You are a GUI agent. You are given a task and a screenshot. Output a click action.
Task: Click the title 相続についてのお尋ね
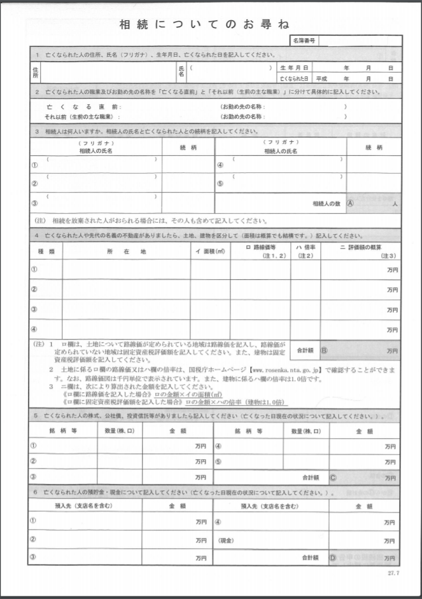204,25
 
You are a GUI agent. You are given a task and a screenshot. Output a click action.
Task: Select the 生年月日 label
293,67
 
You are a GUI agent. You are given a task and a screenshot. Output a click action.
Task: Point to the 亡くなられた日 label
293,78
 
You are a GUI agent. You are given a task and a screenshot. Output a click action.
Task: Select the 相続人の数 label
327,203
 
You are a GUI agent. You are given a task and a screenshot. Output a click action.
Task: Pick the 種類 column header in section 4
46,252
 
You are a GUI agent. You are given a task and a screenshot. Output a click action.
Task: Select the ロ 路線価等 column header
260,248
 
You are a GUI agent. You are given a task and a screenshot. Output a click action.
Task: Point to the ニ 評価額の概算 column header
361,248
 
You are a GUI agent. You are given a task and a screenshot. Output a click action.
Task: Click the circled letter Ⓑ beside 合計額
323,350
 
